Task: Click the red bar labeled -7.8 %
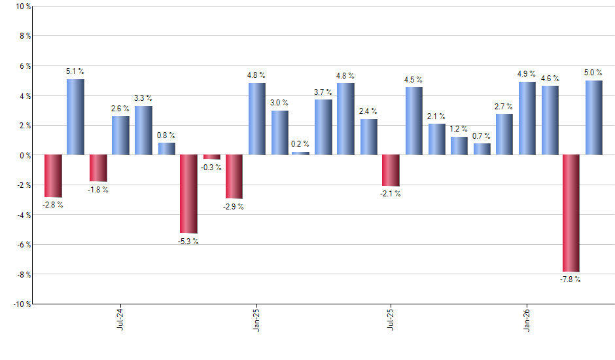click(571, 213)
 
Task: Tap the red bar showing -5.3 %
click(188, 194)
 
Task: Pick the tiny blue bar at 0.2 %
click(300, 153)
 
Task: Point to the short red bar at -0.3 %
click(211, 157)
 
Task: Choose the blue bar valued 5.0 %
click(594, 118)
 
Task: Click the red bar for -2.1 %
click(391, 171)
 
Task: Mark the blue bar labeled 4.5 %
click(413, 121)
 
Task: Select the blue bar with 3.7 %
click(323, 127)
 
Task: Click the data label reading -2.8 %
click(52, 206)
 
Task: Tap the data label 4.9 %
click(527, 74)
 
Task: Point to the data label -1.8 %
click(98, 190)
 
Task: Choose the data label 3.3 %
click(143, 98)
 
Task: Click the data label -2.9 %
click(234, 207)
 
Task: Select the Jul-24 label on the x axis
click(120, 319)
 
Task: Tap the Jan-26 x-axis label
click(527, 319)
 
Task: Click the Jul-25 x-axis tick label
click(391, 319)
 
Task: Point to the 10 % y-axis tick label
click(22, 7)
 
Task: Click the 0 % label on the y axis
click(25, 155)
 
